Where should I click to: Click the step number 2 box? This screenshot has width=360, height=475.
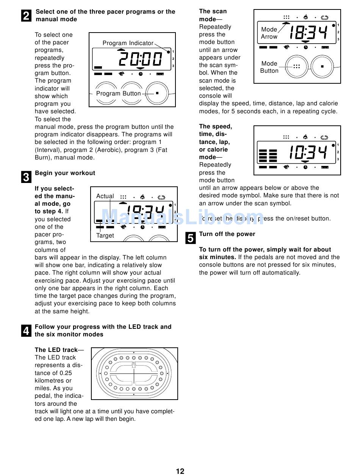pyautogui.click(x=26, y=16)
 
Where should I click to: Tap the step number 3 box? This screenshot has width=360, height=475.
pyautogui.click(x=26, y=177)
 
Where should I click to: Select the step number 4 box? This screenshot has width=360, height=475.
pyautogui.click(x=26, y=331)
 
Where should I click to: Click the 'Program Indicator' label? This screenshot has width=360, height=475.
pyautogui.click(x=128, y=43)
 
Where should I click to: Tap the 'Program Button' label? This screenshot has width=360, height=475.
pyautogui.click(x=118, y=94)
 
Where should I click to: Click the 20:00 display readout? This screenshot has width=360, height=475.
pyautogui.click(x=140, y=59)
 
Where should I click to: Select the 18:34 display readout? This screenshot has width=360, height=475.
pyautogui.click(x=307, y=33)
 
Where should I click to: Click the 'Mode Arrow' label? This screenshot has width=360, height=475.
pyautogui.click(x=269, y=33)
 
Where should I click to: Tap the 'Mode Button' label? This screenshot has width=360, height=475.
pyautogui.click(x=269, y=67)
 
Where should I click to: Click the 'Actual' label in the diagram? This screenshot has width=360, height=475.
pyautogui.click(x=105, y=196)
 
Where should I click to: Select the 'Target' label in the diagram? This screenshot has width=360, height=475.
pyautogui.click(x=105, y=236)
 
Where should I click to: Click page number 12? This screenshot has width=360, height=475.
pyautogui.click(x=180, y=471)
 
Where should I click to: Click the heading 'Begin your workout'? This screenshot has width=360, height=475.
pyautogui.click(x=65, y=173)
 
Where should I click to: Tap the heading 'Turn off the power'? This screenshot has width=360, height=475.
pyautogui.click(x=227, y=234)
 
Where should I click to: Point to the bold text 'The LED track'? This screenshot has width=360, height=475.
pyautogui.click(x=56, y=350)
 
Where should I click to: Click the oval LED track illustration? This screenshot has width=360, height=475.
pyautogui.click(x=134, y=373)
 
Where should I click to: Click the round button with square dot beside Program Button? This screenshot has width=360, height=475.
pyautogui.click(x=157, y=93)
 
